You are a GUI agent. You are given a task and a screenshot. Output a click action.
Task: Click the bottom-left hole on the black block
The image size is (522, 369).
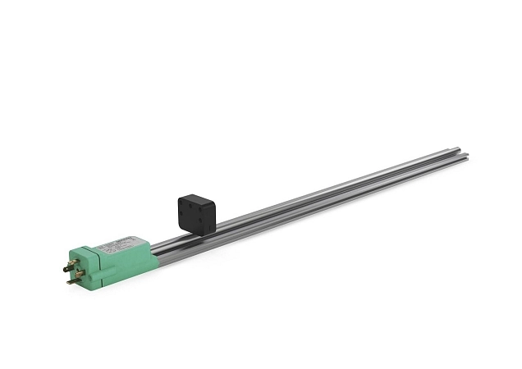(181, 214)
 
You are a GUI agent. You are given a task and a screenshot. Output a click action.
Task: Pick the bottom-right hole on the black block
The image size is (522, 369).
(199, 221)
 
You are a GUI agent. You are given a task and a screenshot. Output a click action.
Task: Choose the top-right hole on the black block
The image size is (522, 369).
(199, 208)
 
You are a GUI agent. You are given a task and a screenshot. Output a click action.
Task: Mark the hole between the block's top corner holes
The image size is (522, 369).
(190, 206)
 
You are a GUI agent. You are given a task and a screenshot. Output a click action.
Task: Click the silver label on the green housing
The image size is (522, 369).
(115, 244)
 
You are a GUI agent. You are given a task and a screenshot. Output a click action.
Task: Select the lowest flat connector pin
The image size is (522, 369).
(71, 281)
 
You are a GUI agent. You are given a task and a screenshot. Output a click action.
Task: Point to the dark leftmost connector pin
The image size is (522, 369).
(66, 270)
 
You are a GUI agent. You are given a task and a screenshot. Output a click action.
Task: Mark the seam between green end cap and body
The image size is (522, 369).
(99, 261)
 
